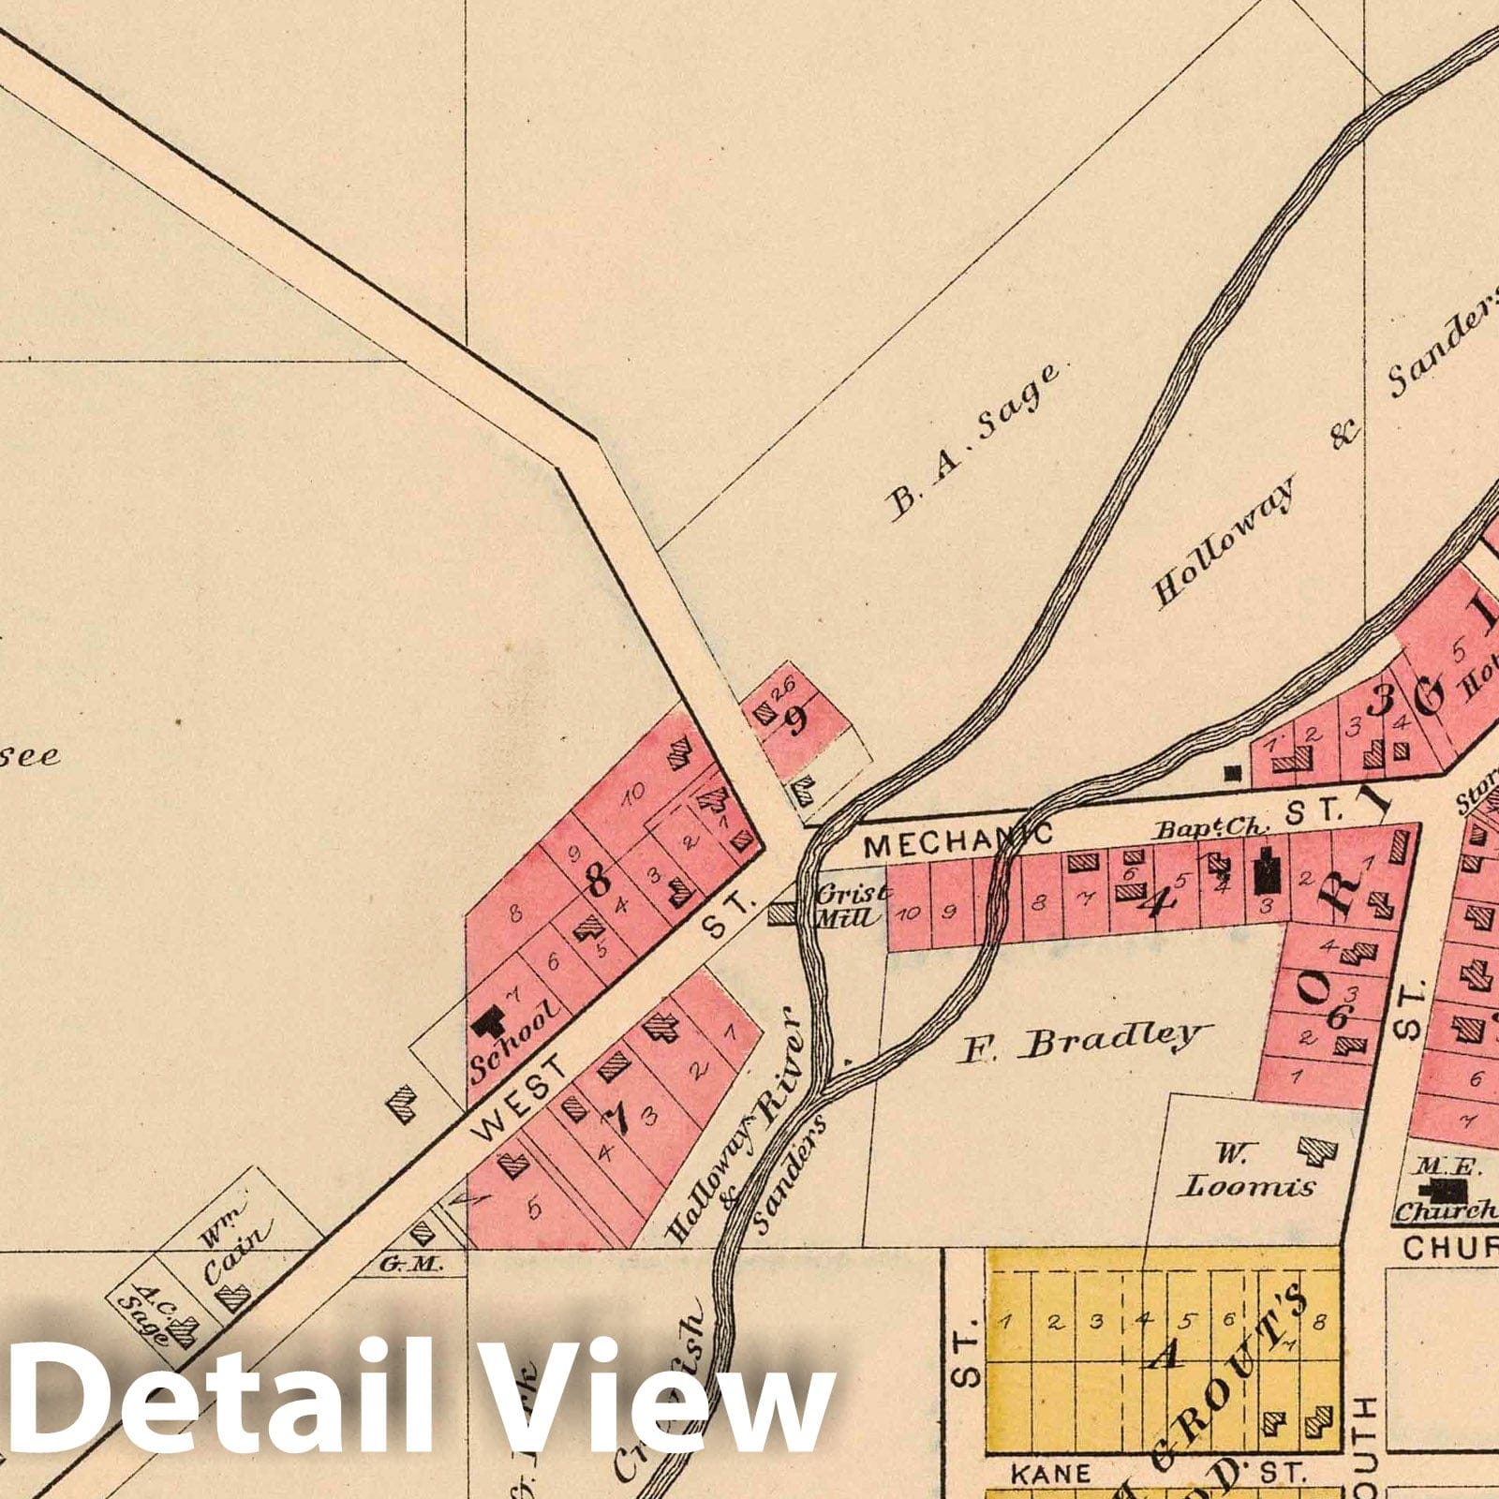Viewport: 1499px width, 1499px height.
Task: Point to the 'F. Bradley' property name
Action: (x=1077, y=1041)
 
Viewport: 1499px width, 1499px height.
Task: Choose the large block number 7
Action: (x=616, y=1116)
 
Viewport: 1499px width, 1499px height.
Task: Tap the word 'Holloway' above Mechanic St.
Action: (x=1224, y=541)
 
